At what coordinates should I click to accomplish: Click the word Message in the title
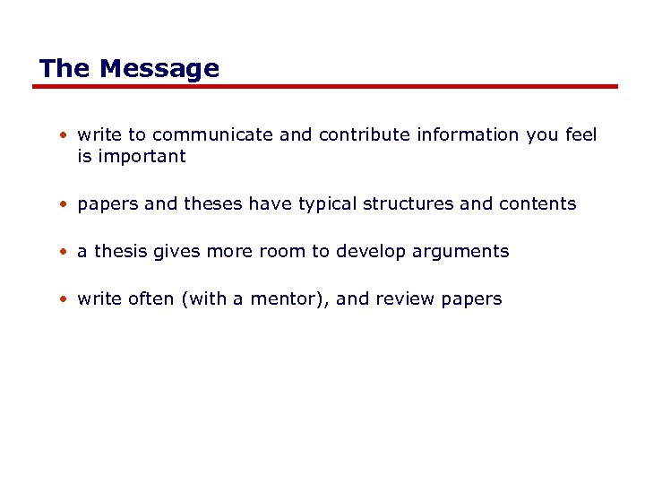click(x=159, y=69)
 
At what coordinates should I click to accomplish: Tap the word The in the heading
click(x=65, y=69)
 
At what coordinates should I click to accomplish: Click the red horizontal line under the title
click(x=325, y=87)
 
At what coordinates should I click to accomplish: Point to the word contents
click(x=537, y=204)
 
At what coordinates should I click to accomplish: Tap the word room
click(x=283, y=252)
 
